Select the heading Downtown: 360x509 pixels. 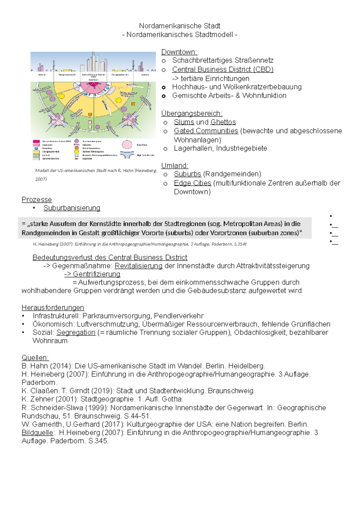click(x=179, y=52)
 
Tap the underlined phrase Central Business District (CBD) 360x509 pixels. click(x=223, y=69)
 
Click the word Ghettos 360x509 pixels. click(x=223, y=122)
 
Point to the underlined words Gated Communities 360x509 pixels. click(x=206, y=131)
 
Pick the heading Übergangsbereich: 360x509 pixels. click(x=192, y=113)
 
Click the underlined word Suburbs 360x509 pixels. click(x=187, y=174)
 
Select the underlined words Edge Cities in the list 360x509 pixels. click(x=192, y=183)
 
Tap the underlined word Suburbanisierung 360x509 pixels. click(x=72, y=208)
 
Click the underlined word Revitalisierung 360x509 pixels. click(x=139, y=266)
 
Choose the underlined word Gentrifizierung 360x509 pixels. click(x=96, y=274)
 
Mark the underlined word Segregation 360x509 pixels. click(x=76, y=333)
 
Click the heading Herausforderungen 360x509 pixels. click(x=53, y=308)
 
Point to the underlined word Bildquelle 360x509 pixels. click(x=37, y=432)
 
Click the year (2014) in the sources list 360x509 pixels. click(x=61, y=366)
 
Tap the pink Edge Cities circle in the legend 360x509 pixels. click(x=127, y=145)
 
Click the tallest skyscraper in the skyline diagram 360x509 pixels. click(x=94, y=62)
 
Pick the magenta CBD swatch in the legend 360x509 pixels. click(x=36, y=141)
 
